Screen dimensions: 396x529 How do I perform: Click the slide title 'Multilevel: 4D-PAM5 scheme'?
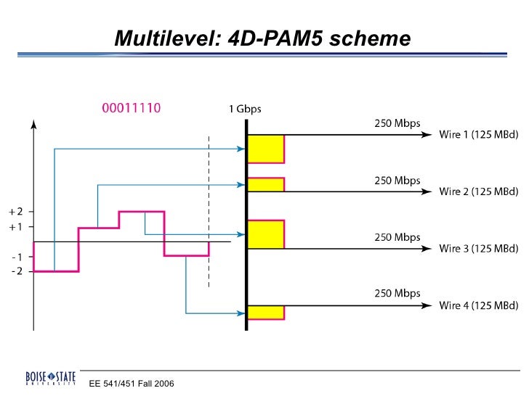click(262, 38)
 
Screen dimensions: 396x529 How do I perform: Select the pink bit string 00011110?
click(130, 109)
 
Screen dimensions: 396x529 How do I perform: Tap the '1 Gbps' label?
click(245, 110)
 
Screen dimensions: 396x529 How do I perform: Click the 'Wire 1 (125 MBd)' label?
click(478, 135)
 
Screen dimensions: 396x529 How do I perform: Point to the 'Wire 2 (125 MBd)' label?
click(478, 191)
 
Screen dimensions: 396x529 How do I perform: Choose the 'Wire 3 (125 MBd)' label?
click(478, 249)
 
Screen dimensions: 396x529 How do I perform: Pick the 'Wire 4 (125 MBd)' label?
click(478, 305)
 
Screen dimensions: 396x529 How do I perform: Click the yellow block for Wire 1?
click(266, 149)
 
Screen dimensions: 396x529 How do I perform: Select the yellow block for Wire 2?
click(266, 184)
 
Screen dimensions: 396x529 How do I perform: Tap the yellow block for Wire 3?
click(266, 234)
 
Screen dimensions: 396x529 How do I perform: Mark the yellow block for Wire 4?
click(266, 313)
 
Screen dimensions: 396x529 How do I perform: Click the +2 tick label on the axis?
click(16, 212)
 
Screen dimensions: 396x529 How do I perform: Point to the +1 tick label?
click(16, 227)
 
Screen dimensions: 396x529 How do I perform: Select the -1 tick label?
click(17, 257)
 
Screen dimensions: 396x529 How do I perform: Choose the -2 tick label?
click(17, 271)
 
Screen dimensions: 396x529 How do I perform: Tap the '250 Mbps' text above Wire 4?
click(397, 294)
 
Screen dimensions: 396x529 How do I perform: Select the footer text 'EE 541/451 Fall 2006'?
click(132, 383)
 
